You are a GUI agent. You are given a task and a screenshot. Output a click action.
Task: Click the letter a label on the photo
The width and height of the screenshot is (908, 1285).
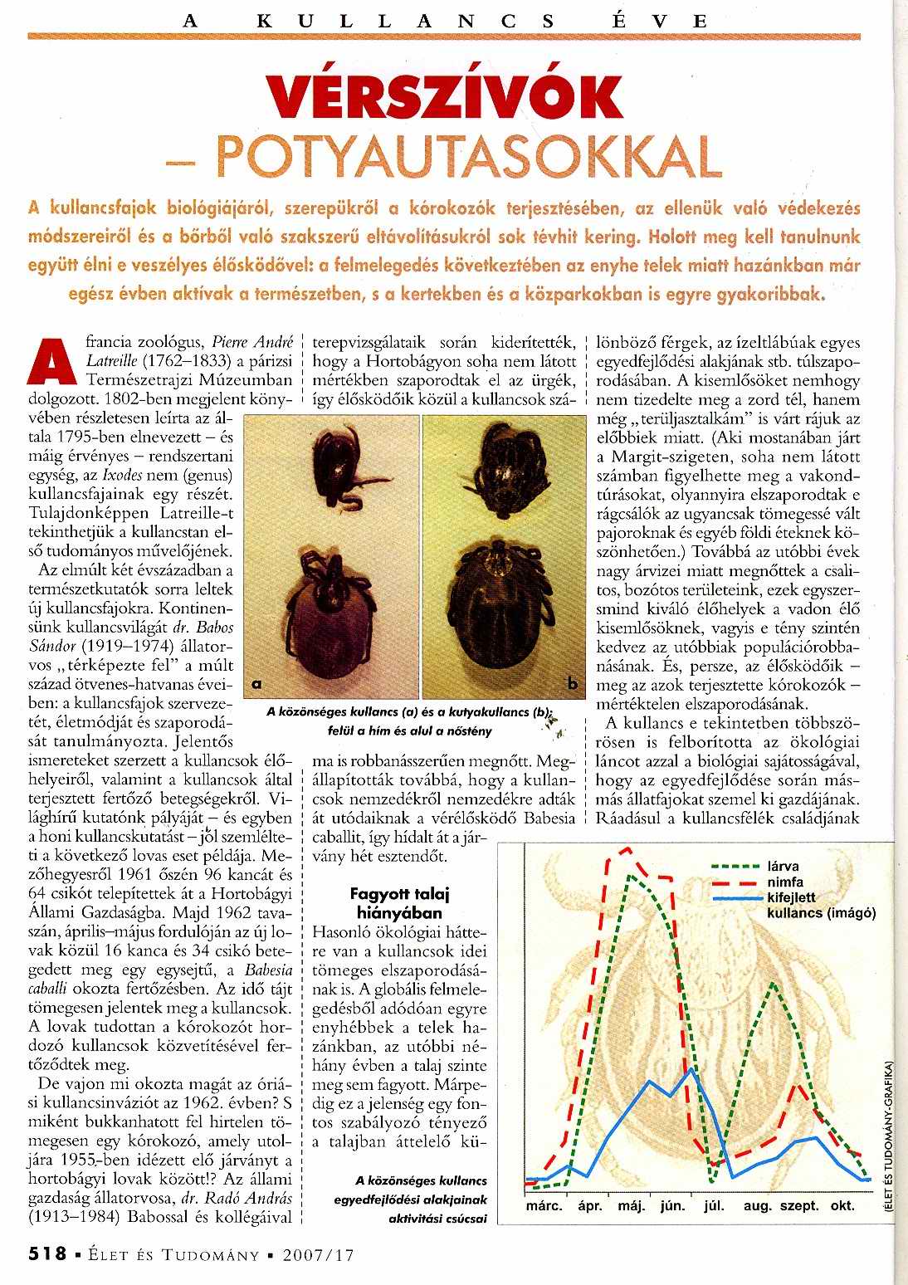pos(258,683)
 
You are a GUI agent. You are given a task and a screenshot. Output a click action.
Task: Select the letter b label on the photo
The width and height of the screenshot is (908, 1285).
pos(573,683)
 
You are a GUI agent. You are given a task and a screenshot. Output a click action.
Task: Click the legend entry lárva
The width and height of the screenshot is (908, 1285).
pos(784,867)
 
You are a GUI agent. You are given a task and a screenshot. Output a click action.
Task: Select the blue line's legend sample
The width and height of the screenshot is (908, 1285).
pos(735,898)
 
